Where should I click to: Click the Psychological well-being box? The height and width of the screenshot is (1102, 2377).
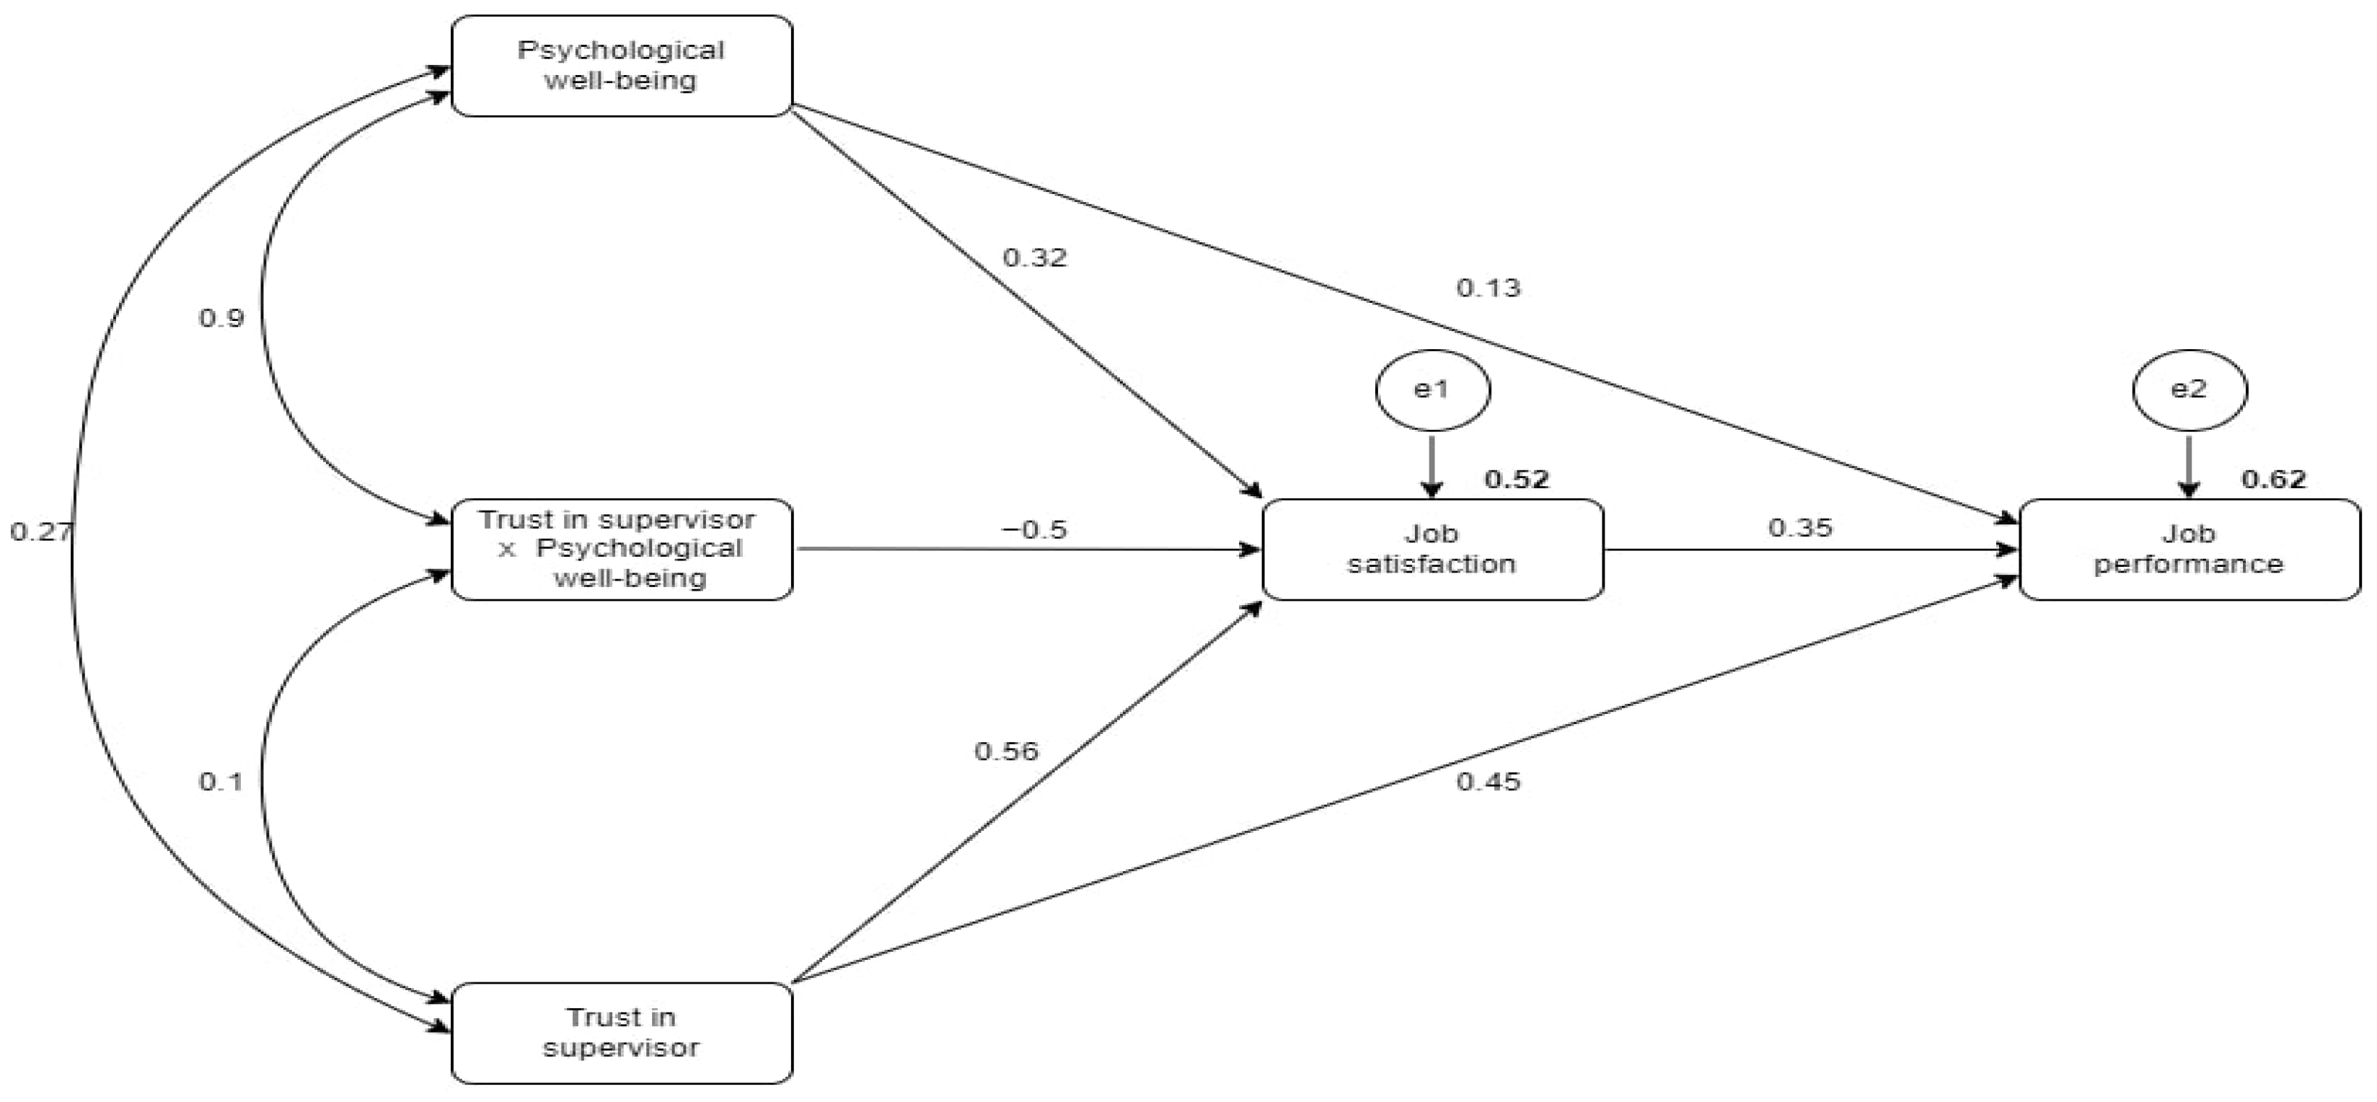pyautogui.click(x=621, y=66)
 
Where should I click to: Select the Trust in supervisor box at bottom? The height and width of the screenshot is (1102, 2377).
pyautogui.click(x=621, y=1032)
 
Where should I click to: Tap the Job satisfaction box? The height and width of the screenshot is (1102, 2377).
pyautogui.click(x=1432, y=549)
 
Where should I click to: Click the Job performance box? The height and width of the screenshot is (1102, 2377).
pyautogui.click(x=2189, y=549)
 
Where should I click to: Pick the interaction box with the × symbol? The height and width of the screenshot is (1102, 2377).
pyautogui.click(x=621, y=549)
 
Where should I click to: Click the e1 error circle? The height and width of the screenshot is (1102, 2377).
pyautogui.click(x=1432, y=390)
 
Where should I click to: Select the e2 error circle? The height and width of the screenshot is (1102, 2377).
pyautogui.click(x=2189, y=389)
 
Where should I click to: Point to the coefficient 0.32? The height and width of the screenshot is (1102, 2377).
pyautogui.click(x=1034, y=257)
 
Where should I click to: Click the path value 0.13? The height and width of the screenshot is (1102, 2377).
pyautogui.click(x=1489, y=288)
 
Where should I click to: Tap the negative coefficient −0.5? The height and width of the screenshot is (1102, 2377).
pyautogui.click(x=1033, y=530)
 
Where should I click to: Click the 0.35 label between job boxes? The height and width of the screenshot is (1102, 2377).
pyautogui.click(x=1800, y=528)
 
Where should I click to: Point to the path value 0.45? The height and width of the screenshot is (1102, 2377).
pyautogui.click(x=1489, y=782)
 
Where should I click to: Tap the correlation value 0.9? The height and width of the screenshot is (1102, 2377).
pyautogui.click(x=221, y=319)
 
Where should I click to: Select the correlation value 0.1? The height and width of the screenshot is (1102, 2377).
pyautogui.click(x=221, y=782)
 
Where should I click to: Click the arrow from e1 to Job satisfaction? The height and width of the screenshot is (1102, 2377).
pyautogui.click(x=1432, y=466)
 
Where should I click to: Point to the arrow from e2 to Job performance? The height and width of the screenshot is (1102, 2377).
pyautogui.click(x=2189, y=466)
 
